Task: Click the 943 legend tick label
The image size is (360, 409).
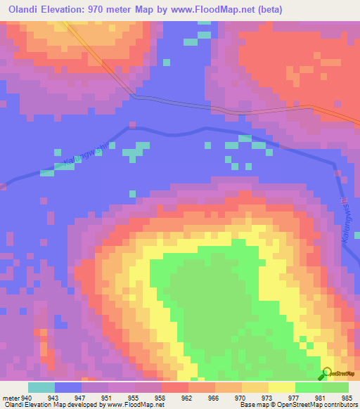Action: (x=54, y=397)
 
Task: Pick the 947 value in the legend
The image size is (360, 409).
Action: (x=81, y=397)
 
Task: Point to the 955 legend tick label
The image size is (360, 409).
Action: (x=134, y=397)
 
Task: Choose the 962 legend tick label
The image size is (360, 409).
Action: (x=188, y=397)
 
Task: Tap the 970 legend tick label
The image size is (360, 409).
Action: (x=241, y=397)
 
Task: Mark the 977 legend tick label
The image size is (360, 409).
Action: (x=295, y=397)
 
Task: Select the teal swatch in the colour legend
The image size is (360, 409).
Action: (x=41, y=387)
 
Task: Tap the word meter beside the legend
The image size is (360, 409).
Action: (x=11, y=397)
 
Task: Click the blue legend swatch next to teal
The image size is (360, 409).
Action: (x=68, y=387)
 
